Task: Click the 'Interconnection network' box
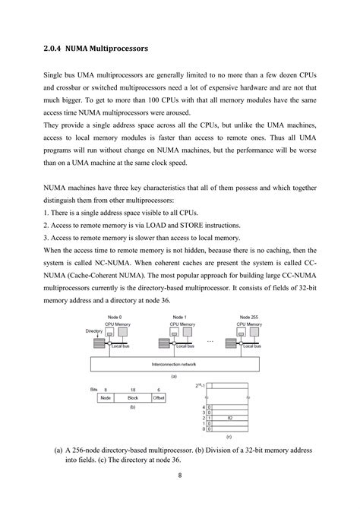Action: (x=175, y=365)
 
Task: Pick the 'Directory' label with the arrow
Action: (x=94, y=331)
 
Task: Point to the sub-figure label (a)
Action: (x=175, y=376)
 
